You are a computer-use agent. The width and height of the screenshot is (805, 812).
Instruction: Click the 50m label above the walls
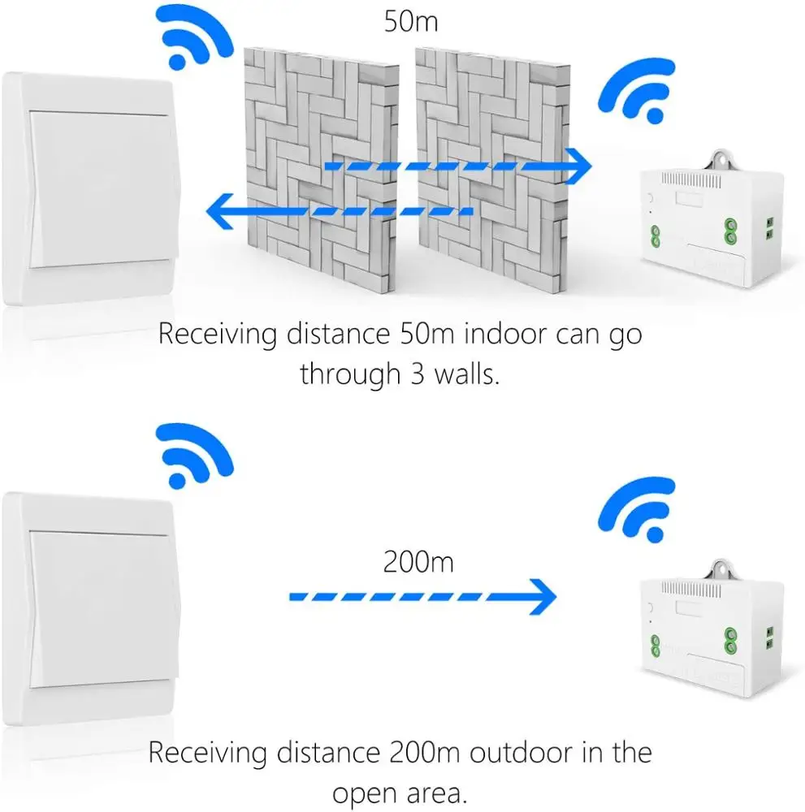[411, 20]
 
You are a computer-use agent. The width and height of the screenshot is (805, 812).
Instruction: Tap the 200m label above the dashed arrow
[419, 561]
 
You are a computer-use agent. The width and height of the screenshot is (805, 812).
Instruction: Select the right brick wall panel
[487, 162]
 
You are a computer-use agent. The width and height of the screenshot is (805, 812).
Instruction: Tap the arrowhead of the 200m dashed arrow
[543, 598]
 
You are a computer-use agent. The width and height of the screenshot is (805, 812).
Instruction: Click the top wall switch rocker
[102, 187]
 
